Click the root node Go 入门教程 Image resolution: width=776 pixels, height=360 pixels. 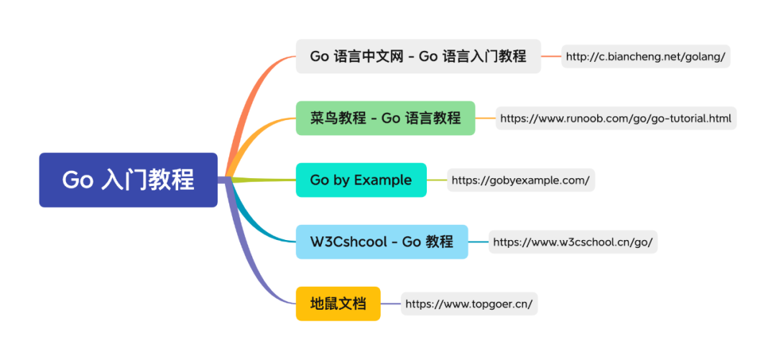(x=128, y=180)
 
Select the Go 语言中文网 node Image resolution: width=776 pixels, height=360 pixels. (x=418, y=56)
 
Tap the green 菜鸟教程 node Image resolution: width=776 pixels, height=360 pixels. (x=385, y=118)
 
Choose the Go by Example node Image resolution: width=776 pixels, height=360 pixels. (x=361, y=180)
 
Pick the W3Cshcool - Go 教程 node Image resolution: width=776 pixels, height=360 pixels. (x=382, y=242)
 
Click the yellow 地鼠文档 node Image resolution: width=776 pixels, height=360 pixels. (x=338, y=304)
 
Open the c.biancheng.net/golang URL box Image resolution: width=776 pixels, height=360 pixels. (x=646, y=56)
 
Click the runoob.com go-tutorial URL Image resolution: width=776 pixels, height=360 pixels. (x=616, y=118)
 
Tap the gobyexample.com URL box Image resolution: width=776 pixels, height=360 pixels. (x=521, y=180)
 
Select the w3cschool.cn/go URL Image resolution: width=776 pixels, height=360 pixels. (x=573, y=242)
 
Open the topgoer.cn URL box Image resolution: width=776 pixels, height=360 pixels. (x=469, y=304)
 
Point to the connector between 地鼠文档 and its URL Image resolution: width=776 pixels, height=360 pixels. (x=390, y=304)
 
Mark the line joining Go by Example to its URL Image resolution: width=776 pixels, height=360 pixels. (x=437, y=180)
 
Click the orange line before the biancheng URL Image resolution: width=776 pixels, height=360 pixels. (x=551, y=56)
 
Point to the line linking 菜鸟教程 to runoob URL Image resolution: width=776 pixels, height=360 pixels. (x=486, y=118)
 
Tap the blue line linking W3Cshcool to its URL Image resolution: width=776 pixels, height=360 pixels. (x=479, y=242)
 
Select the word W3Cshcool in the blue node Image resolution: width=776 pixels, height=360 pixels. (x=347, y=242)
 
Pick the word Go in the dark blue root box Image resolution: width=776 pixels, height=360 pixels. (x=78, y=180)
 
